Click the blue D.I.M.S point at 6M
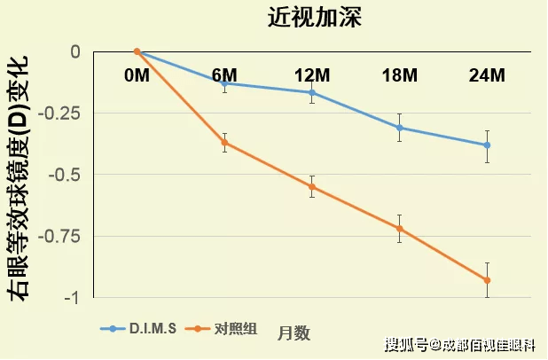coord(224,82)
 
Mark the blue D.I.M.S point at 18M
coord(400,128)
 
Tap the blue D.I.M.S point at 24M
coord(487,145)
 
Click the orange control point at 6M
coord(224,143)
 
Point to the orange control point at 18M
coord(400,229)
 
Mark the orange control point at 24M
coord(487,280)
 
